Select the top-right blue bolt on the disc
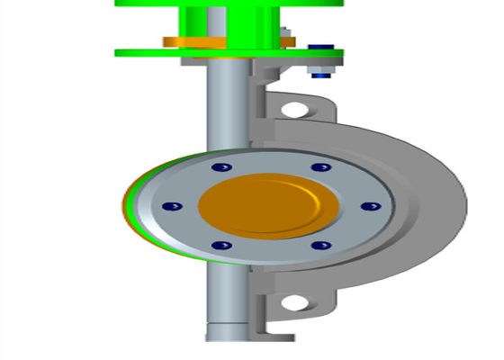316,167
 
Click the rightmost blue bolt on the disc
366,206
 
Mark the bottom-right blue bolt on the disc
316,245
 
